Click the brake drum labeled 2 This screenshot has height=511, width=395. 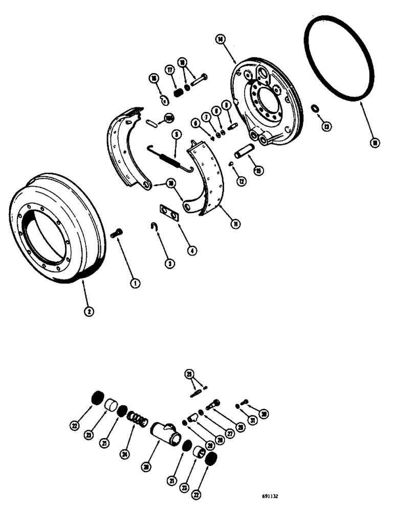pyautogui.click(x=56, y=230)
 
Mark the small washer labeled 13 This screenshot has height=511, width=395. pyautogui.click(x=315, y=108)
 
